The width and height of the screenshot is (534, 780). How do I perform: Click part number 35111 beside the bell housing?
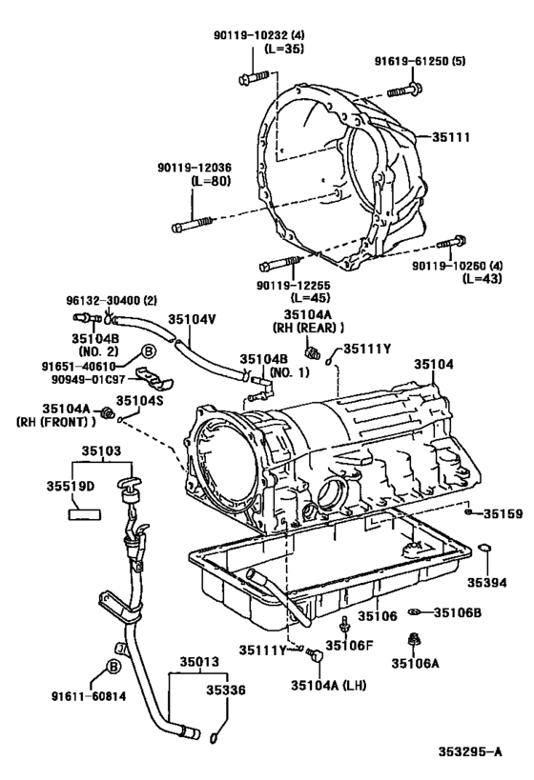click(450, 137)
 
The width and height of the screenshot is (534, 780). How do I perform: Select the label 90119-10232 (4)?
click(259, 35)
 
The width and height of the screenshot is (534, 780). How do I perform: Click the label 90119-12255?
click(294, 285)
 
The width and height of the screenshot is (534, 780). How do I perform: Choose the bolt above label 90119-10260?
click(452, 243)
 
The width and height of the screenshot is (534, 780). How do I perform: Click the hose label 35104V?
click(192, 319)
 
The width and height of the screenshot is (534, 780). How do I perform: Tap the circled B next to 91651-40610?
click(149, 351)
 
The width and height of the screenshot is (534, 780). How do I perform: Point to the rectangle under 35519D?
click(84, 514)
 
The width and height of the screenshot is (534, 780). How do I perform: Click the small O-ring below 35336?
click(214, 737)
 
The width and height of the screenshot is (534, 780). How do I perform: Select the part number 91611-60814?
click(88, 696)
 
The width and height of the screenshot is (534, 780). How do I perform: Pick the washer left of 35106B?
click(414, 611)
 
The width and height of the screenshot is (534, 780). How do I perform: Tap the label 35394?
click(486, 583)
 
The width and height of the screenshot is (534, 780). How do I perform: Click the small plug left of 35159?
click(468, 511)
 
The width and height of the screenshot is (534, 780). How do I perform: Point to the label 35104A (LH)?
click(329, 685)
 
